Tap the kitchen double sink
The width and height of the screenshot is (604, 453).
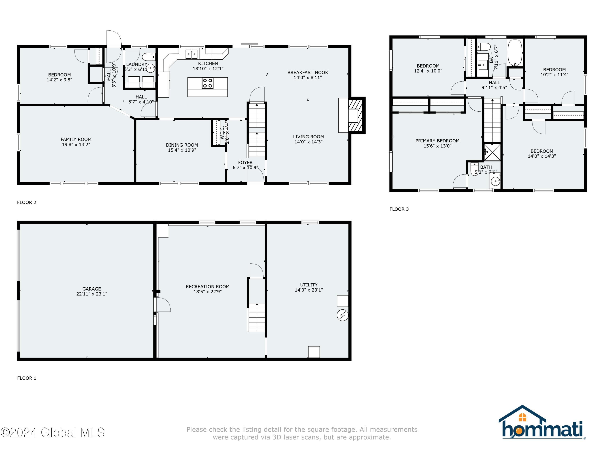(x=191, y=54)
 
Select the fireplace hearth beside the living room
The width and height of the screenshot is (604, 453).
(x=357, y=115)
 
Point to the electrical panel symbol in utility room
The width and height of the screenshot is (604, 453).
(x=342, y=315)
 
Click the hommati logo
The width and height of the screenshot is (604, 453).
(x=542, y=422)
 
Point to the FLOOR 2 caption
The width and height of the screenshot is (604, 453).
(x=27, y=202)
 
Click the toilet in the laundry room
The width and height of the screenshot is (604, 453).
(x=149, y=57)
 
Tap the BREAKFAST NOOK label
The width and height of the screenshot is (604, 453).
(x=307, y=72)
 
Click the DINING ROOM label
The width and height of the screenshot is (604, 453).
(x=182, y=145)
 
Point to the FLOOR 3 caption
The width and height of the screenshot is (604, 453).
(x=399, y=209)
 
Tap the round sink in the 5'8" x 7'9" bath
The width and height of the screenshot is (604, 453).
(x=495, y=181)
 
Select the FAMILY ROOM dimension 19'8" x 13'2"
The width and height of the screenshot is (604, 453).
(x=76, y=145)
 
